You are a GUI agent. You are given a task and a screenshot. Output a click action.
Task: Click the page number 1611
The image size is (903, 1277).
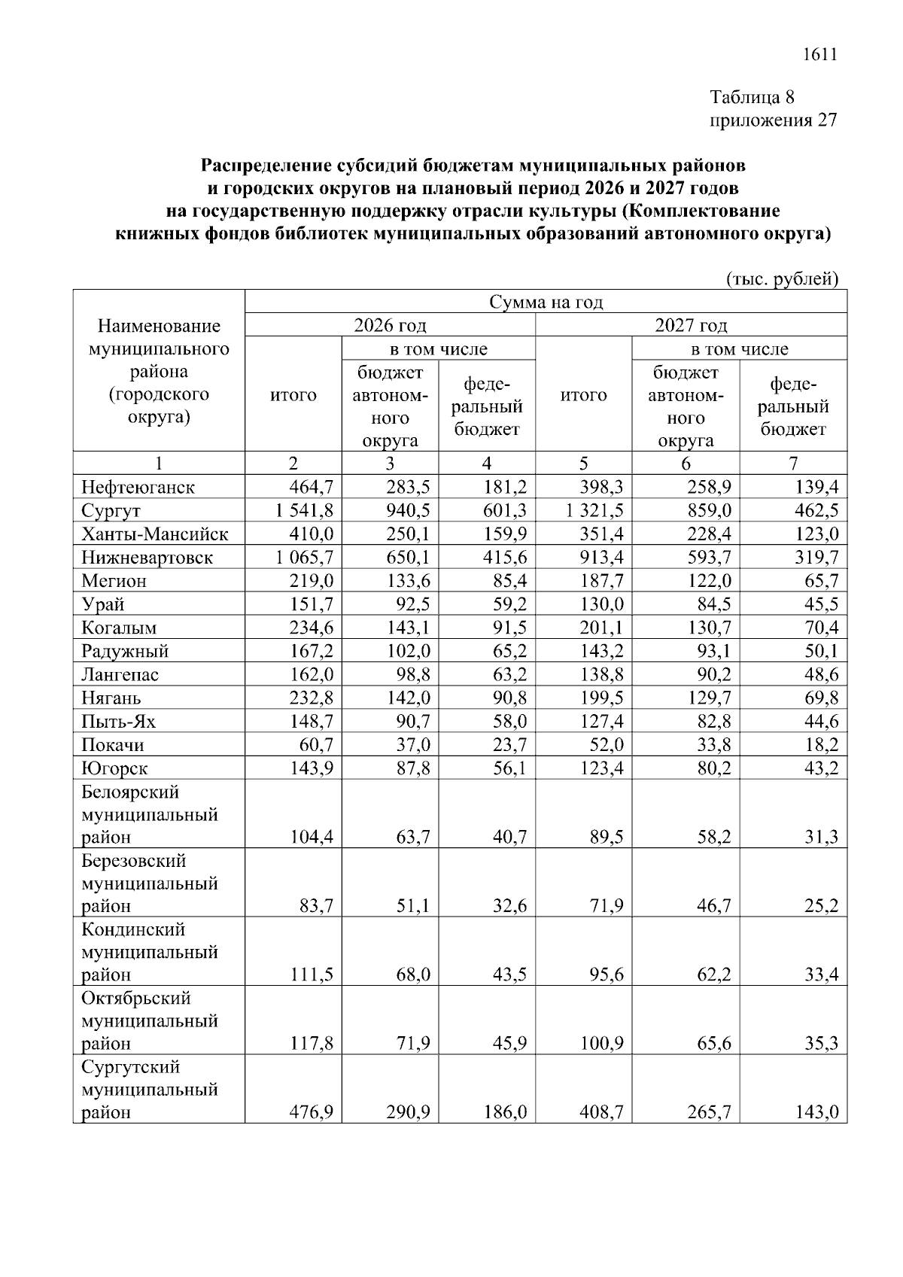click(820, 55)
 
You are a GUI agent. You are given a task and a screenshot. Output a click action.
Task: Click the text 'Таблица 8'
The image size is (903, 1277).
click(752, 97)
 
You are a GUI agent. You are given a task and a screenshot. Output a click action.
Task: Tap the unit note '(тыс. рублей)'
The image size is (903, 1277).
click(782, 279)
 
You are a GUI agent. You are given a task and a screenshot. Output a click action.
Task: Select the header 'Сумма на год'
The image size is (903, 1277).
click(546, 303)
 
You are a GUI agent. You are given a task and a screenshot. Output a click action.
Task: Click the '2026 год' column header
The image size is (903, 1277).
click(390, 326)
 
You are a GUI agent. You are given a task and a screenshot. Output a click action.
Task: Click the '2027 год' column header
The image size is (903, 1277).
click(691, 326)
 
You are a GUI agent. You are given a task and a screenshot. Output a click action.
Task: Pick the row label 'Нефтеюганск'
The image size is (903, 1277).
click(138, 488)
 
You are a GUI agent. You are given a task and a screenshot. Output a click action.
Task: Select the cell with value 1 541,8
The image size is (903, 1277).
click(304, 511)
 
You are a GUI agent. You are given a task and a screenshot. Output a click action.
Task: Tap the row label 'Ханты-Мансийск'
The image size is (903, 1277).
click(154, 534)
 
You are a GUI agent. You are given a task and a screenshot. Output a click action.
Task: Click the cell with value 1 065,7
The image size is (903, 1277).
click(304, 558)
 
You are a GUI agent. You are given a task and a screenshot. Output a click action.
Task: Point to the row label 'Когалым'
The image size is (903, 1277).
click(119, 628)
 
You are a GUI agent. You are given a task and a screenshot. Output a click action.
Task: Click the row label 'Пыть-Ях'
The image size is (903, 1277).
click(118, 722)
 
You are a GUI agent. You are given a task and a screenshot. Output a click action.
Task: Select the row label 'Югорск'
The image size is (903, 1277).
click(114, 768)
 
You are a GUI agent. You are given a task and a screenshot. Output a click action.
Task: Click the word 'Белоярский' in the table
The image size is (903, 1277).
click(130, 792)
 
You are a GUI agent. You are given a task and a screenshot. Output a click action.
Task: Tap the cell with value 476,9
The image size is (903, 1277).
click(311, 1112)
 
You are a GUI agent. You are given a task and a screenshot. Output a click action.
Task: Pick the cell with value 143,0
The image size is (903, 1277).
click(816, 1112)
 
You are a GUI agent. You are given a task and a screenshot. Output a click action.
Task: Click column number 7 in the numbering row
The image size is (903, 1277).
click(793, 464)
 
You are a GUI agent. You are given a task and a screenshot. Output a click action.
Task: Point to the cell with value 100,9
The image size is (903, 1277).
click(600, 1044)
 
